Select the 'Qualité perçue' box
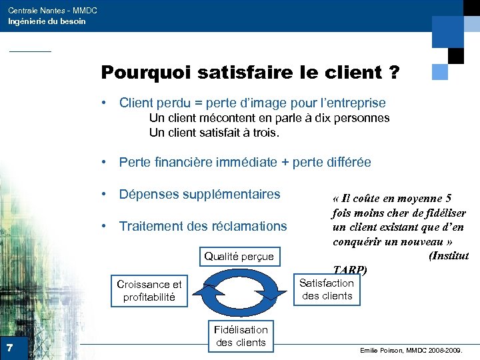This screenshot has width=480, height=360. [239, 256]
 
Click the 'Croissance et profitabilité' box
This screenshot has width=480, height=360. [149, 291]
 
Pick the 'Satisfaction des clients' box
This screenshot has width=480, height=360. [327, 289]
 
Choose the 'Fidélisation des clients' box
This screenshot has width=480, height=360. [241, 336]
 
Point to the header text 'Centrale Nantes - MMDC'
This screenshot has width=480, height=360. [53, 11]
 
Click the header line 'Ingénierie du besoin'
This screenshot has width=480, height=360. [47, 21]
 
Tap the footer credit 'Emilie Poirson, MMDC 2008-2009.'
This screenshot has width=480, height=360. [409, 350]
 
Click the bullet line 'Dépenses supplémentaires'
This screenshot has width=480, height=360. [199, 194]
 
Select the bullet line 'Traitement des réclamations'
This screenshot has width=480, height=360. [203, 226]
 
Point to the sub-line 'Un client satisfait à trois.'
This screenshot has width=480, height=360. [215, 133]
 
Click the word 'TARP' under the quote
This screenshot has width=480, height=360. [348, 270]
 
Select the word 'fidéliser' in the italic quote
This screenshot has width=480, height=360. [443, 213]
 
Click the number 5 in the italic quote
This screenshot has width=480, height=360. [448, 198]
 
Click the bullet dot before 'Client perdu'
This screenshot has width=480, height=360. [105, 103]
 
